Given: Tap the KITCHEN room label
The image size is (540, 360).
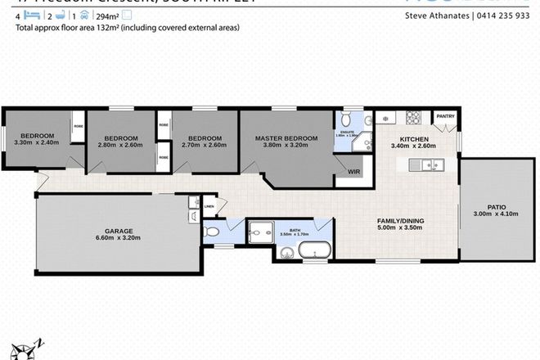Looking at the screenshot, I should click(414, 138).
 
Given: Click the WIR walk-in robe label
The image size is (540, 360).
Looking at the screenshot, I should click(354, 172).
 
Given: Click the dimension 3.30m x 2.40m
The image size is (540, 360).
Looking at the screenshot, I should click(38, 143).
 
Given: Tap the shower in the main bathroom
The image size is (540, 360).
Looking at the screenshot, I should click(260, 232).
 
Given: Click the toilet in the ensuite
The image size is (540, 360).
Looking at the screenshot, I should click(345, 119).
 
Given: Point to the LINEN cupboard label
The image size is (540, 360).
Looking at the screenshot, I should click(209, 207).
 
